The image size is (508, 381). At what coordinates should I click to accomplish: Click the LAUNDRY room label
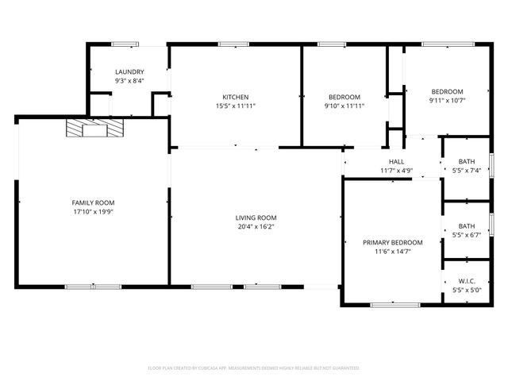pos(129,72)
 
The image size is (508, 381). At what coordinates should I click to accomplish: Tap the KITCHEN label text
pos(235,97)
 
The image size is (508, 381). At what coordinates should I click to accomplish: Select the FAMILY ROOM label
pos(93,202)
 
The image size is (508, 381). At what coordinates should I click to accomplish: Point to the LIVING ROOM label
pos(256,217)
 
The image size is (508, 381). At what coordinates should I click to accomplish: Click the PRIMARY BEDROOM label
pos(392,242)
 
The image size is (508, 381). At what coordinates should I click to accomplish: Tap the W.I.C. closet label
pos(467,281)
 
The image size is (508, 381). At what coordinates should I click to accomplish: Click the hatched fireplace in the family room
pos(95,129)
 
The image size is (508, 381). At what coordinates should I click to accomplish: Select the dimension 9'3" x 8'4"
pos(129,81)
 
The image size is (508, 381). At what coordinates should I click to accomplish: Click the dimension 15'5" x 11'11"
pos(235,106)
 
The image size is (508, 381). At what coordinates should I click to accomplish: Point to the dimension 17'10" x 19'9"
pos(93,211)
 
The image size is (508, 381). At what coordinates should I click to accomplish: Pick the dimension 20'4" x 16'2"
pos(256,226)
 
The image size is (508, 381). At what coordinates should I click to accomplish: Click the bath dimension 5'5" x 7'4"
pos(467,170)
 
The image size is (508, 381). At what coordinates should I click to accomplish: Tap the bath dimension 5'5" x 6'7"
pos(467,235)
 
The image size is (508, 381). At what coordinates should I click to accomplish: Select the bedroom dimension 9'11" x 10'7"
pos(447,100)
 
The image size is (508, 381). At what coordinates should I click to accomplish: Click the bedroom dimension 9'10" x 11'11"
pos(344,106)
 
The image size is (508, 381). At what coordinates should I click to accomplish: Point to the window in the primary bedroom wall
pos(394,304)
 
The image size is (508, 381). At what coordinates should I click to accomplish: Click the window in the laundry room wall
pos(124,44)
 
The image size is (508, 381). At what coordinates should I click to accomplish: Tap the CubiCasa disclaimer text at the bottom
pos(254,368)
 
